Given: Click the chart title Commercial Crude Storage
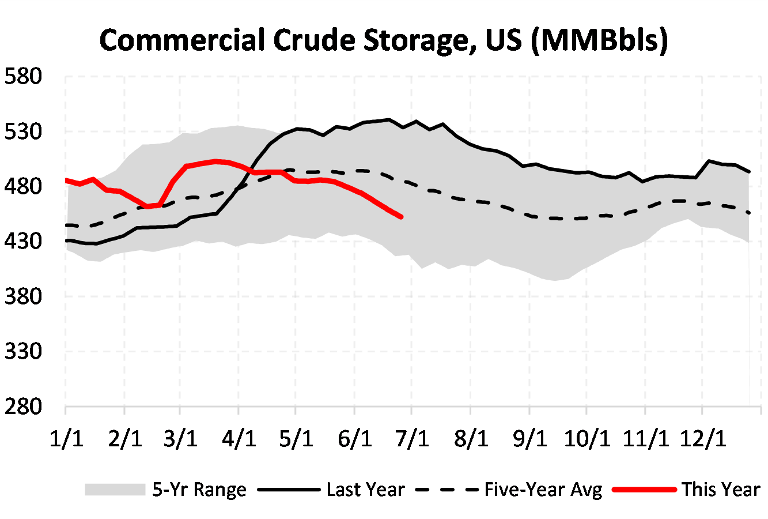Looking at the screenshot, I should pos(383,40).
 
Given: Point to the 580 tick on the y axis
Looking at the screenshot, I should pos(24,76).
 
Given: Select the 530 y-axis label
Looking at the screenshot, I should pos(24,131).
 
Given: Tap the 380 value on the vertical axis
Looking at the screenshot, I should pos(24,296).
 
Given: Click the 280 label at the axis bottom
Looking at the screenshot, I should pos(24,407).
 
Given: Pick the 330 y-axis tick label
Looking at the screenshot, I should pos(24,351).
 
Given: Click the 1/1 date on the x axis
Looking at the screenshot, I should pos(66,439).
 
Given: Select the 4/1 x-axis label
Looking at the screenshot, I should pos(239,439).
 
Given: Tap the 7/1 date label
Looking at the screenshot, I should pos(413,439).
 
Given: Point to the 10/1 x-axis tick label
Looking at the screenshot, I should pos(587,439).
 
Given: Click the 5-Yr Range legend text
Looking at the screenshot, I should pos(199,490).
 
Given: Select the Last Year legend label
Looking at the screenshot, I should pos(365,490).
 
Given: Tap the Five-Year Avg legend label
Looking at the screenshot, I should pos(543,490).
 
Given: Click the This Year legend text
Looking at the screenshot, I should pos(721,490).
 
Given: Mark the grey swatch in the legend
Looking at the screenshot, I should pos(115,490).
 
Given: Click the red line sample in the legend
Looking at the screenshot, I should pos(644,490).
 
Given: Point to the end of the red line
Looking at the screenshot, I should pos(401,217).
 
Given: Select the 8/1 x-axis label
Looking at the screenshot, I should pos(471,439).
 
